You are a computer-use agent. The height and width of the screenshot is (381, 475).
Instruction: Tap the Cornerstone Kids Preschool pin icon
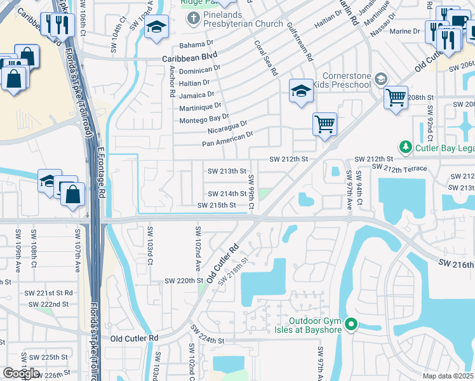tap(381, 79)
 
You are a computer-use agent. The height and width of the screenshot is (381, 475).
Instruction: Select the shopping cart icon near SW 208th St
tap(396, 98)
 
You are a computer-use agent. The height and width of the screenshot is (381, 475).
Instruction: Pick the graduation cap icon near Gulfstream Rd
tap(300, 90)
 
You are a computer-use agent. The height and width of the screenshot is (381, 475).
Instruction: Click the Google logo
tap(22, 373)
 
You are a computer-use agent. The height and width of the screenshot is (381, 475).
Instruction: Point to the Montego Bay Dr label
tap(204, 118)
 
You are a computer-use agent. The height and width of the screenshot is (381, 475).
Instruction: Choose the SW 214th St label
tap(227, 194)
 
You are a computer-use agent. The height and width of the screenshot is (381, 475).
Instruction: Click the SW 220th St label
tap(183, 280)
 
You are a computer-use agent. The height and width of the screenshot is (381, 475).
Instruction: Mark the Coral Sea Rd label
tap(266, 59)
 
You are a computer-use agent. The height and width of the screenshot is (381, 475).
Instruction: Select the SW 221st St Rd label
tap(48, 293)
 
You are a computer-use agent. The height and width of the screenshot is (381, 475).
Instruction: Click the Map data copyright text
tap(448, 376)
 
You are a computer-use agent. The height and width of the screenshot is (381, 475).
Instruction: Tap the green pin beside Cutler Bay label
tap(405, 147)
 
